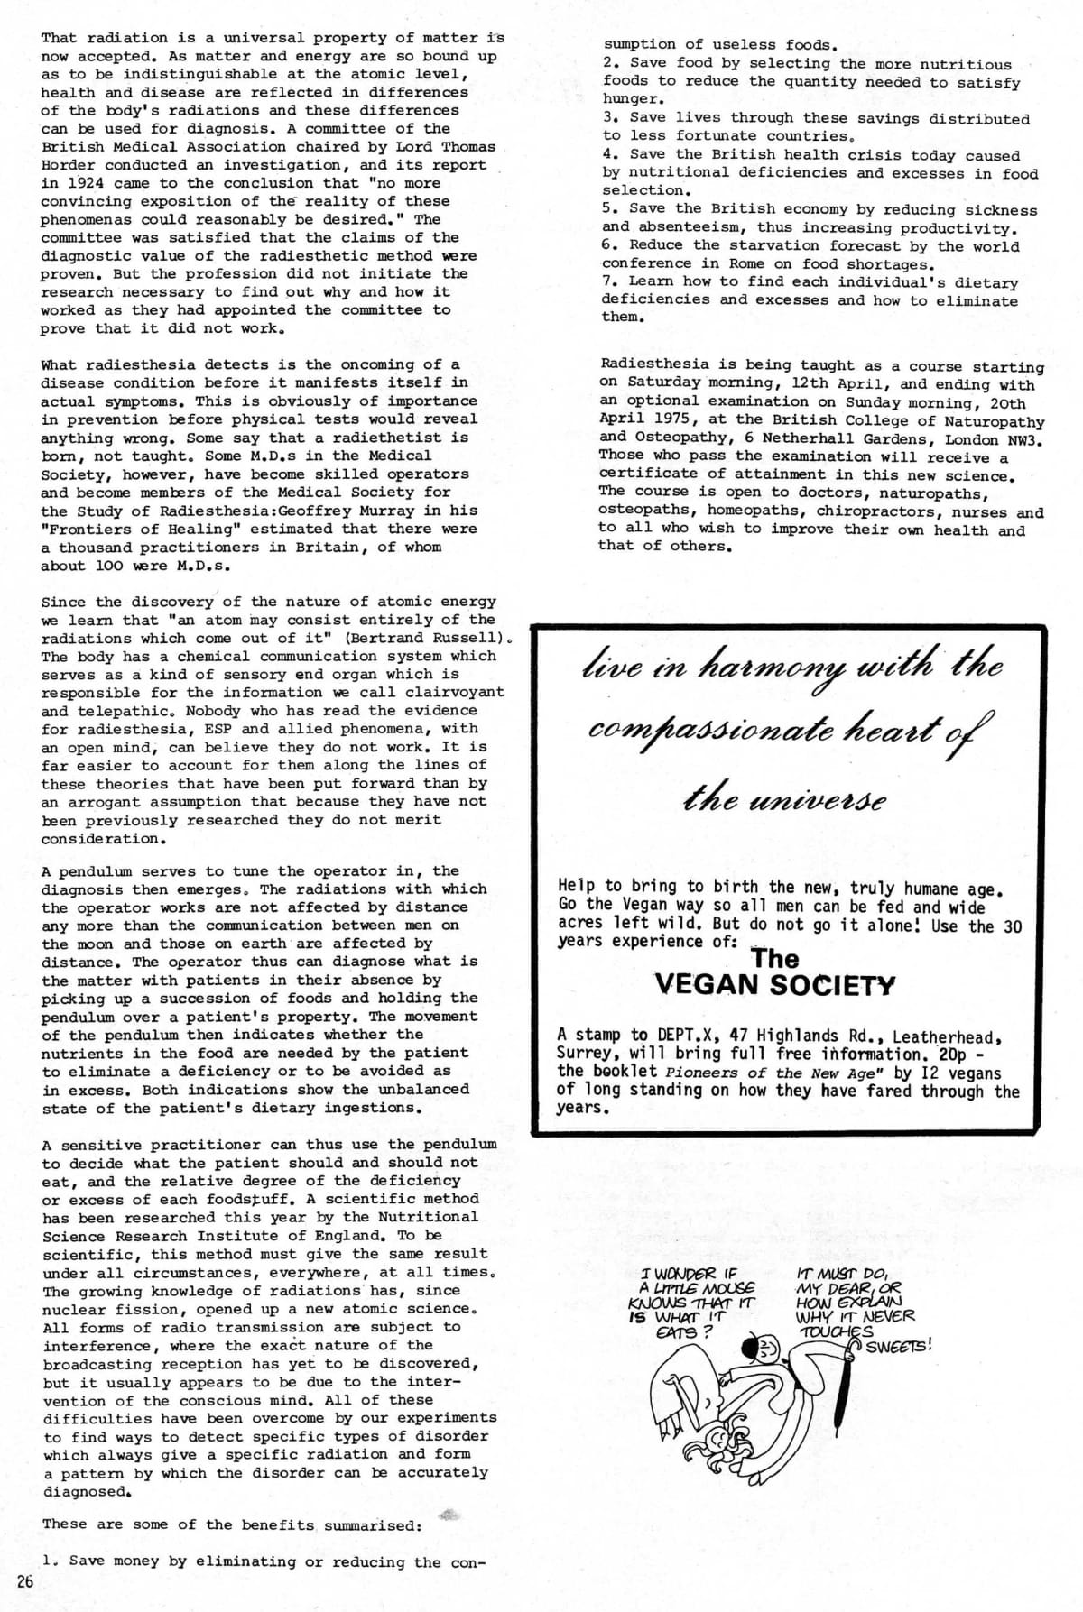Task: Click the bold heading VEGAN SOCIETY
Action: click(x=774, y=984)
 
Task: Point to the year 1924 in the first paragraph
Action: click(x=64, y=183)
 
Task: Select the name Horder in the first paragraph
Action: click(x=69, y=165)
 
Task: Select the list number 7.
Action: click(x=607, y=281)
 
